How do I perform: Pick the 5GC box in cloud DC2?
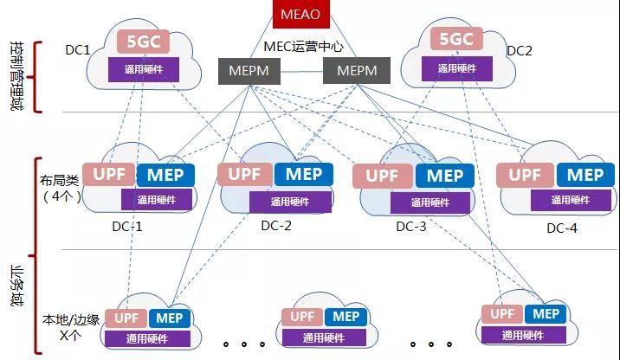(456, 40)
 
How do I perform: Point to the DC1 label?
(78, 50)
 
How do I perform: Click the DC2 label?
(519, 51)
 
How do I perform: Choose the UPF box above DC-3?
(383, 175)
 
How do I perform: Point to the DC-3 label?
(411, 227)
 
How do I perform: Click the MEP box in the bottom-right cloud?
(546, 314)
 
